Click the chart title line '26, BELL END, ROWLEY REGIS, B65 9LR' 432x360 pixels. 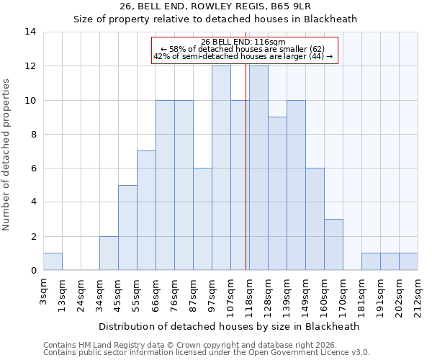click(x=215, y=6)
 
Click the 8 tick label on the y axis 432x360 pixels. click(x=32, y=134)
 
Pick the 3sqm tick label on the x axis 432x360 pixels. click(x=43, y=291)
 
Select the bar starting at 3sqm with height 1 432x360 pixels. click(x=53, y=261)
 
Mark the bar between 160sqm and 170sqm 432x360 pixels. click(x=333, y=244)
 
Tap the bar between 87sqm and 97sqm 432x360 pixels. click(x=202, y=219)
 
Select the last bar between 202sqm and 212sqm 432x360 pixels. click(x=408, y=261)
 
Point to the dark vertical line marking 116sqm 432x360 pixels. click(x=246, y=180)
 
